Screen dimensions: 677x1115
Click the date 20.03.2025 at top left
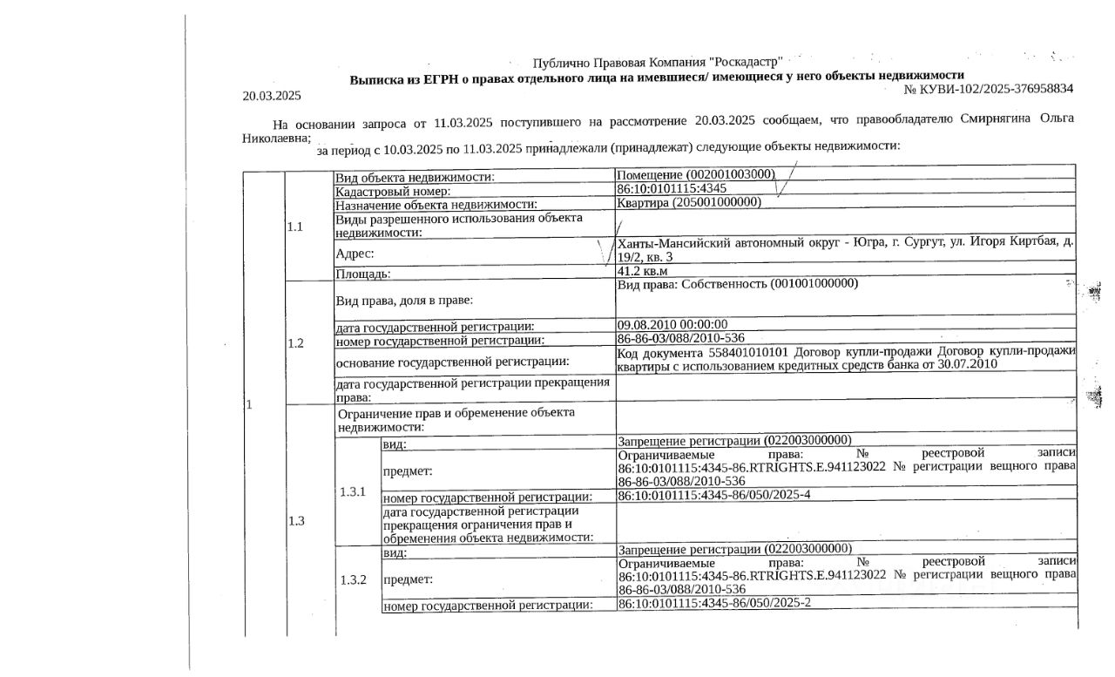[x=271, y=95]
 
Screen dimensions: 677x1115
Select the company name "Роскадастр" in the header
[x=747, y=63]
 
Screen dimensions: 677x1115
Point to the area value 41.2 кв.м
[x=641, y=271]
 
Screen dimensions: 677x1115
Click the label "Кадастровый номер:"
[x=393, y=190]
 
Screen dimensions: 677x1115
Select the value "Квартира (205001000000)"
[x=688, y=202]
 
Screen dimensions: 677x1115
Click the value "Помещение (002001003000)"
[x=695, y=174]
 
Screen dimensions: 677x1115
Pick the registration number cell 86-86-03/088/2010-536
[x=680, y=338]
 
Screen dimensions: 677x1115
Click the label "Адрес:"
[x=355, y=254]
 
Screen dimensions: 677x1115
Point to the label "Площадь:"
[x=363, y=274]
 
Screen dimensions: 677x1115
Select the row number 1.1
[x=294, y=227]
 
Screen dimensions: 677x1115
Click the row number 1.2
[x=294, y=342]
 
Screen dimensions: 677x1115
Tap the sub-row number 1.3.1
[x=352, y=491]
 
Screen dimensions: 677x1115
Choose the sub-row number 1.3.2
[x=352, y=579]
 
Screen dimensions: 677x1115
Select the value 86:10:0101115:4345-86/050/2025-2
[x=714, y=602]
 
